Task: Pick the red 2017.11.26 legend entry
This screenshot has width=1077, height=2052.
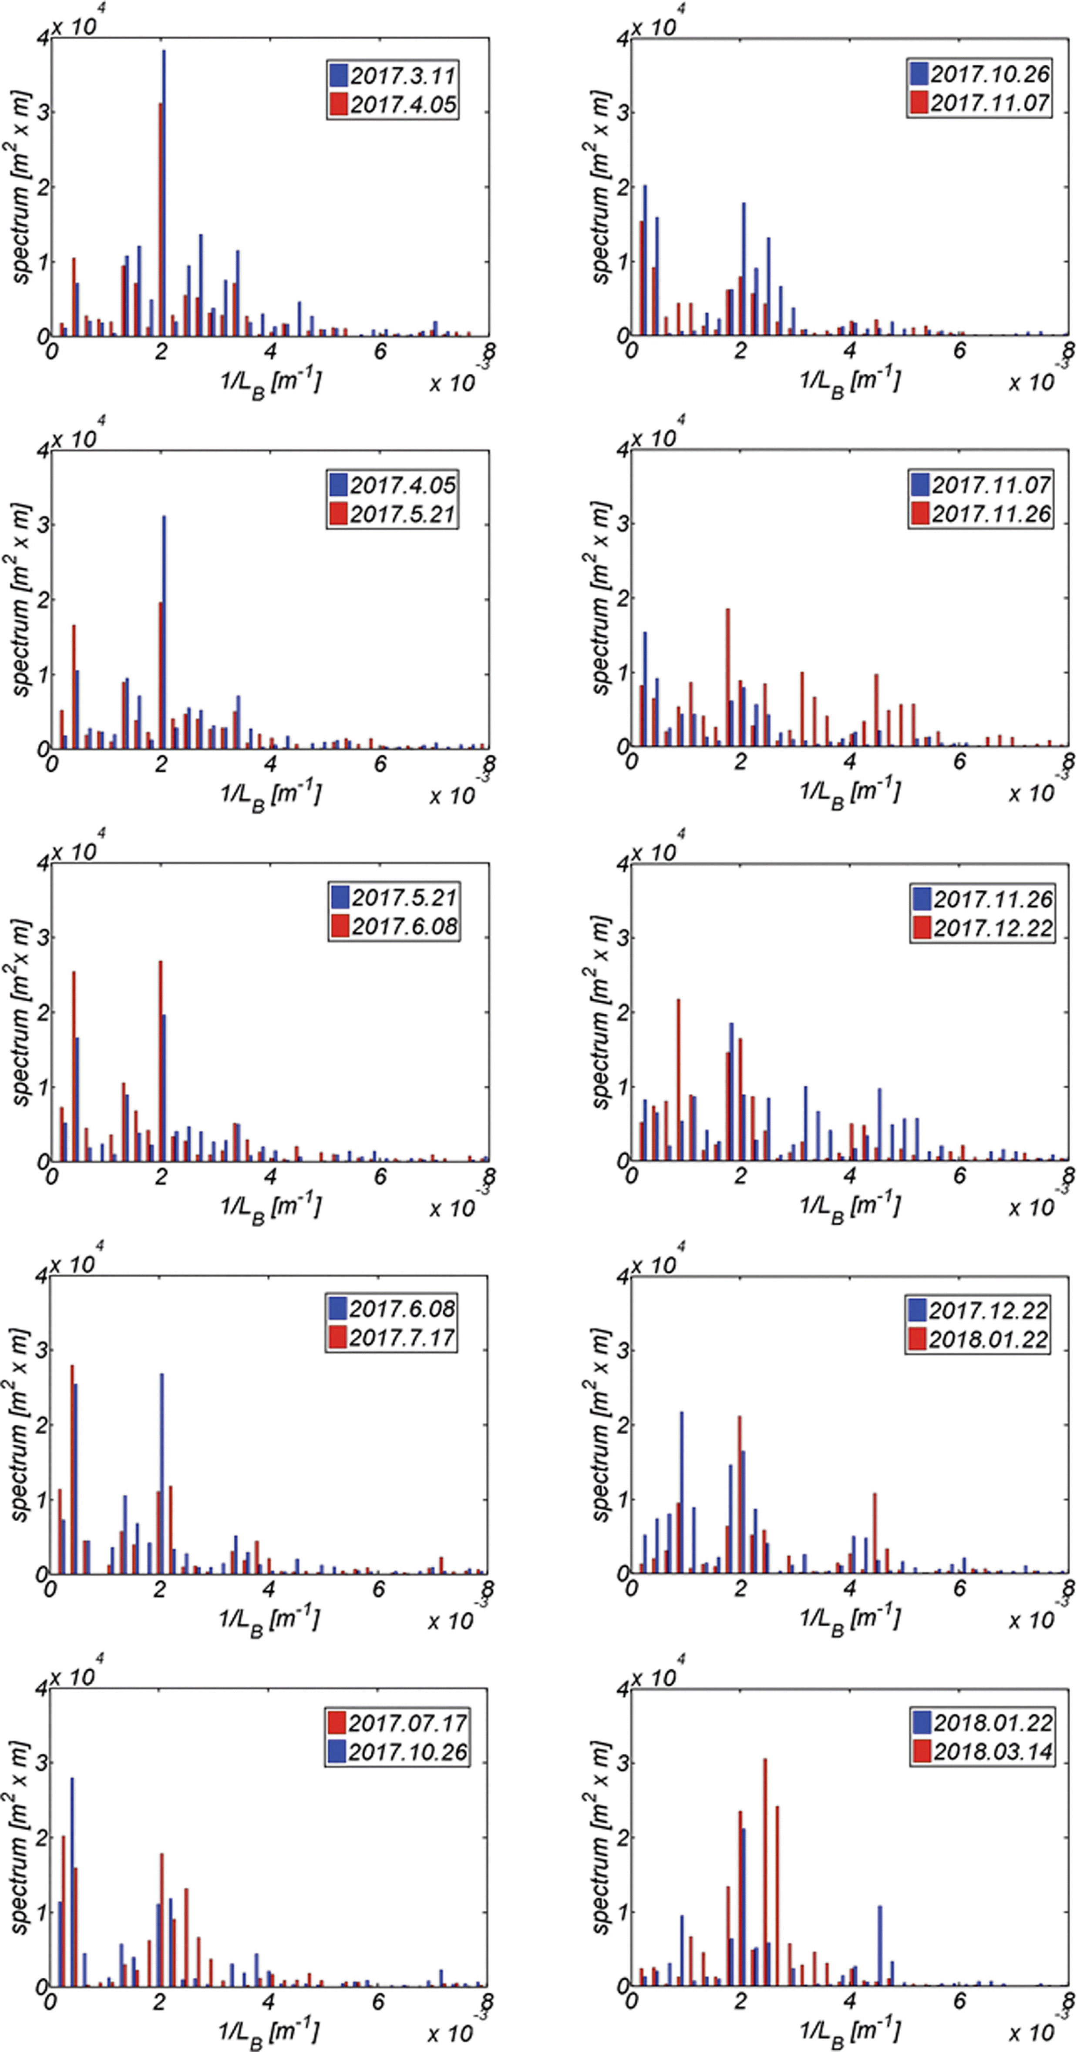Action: pyautogui.click(x=981, y=514)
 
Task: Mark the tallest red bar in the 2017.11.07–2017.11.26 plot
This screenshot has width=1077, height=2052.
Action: pyautogui.click(x=727, y=677)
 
